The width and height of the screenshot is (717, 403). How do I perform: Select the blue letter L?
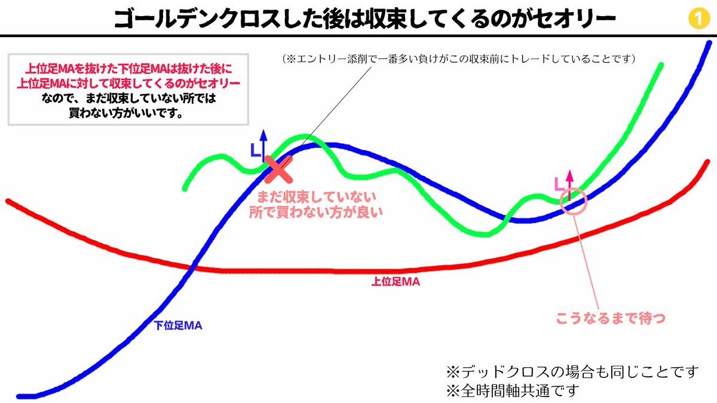(x=255, y=151)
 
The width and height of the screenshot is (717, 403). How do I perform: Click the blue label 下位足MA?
(x=177, y=325)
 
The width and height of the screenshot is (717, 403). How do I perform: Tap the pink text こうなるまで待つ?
(x=611, y=318)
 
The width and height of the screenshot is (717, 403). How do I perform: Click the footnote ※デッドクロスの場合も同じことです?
(x=572, y=371)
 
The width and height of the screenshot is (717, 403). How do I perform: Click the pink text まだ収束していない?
(x=316, y=196)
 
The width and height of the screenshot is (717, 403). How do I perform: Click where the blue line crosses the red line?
(x=191, y=267)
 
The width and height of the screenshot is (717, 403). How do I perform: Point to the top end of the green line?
(x=662, y=64)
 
